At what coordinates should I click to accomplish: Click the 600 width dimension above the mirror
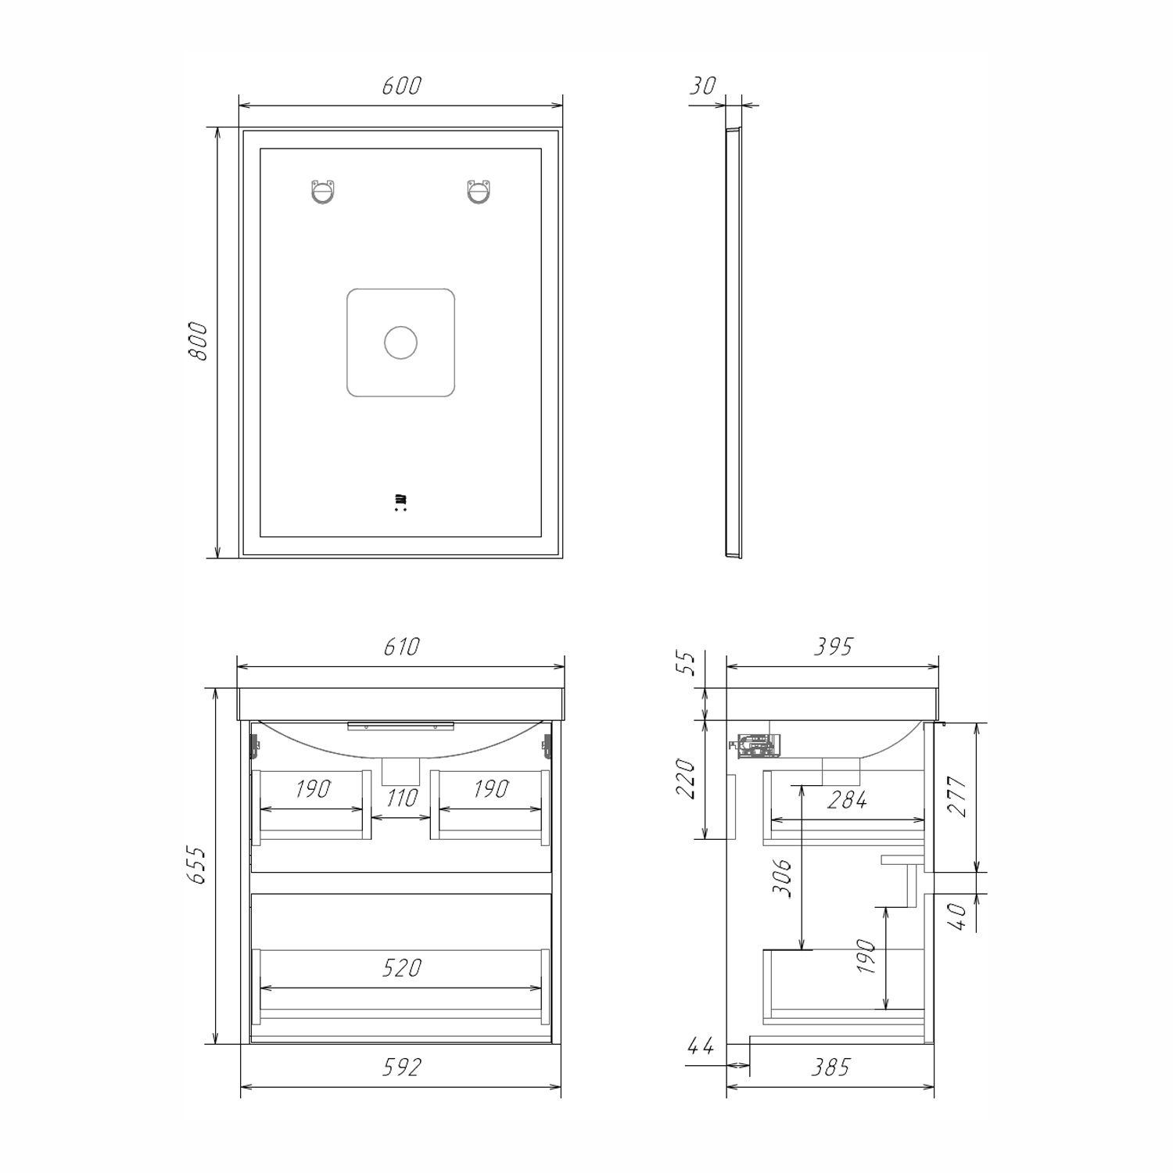point(401,85)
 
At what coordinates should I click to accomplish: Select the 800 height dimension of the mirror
point(198,341)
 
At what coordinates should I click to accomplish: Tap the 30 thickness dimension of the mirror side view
point(702,85)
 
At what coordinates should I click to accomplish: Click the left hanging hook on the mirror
point(323,192)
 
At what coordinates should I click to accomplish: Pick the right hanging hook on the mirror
point(479,192)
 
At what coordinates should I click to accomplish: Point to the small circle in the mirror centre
point(400,343)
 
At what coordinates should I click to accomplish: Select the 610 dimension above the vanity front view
point(401,647)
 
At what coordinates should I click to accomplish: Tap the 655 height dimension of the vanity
point(198,865)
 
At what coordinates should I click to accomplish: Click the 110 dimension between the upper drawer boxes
point(401,798)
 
